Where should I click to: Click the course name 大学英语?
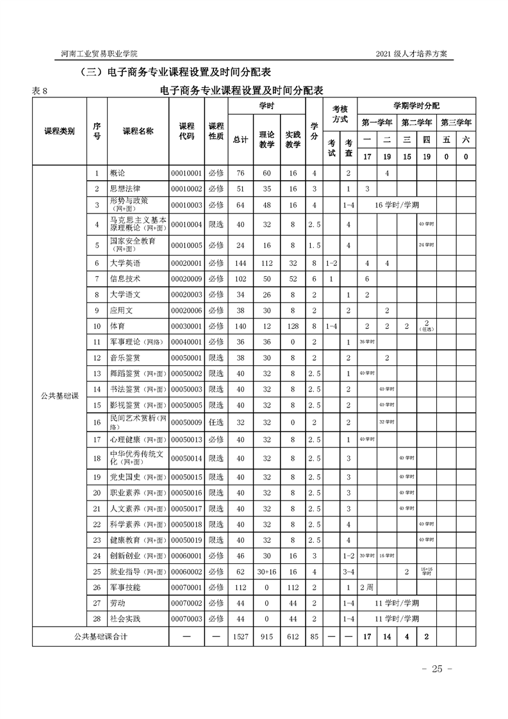126,263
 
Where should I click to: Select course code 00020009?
186,279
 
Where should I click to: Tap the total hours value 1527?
240,637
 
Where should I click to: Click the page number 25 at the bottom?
438,669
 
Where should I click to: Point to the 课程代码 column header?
186,131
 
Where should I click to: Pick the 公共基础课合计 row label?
100,637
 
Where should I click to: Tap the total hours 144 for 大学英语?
240,263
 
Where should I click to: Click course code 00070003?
186,618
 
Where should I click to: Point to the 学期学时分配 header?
416,105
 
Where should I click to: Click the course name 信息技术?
126,279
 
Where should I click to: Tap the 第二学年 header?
416,122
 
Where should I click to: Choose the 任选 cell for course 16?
216,421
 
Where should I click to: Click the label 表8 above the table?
40,90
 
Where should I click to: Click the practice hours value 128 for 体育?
293,326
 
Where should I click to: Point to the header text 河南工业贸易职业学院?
94,53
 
